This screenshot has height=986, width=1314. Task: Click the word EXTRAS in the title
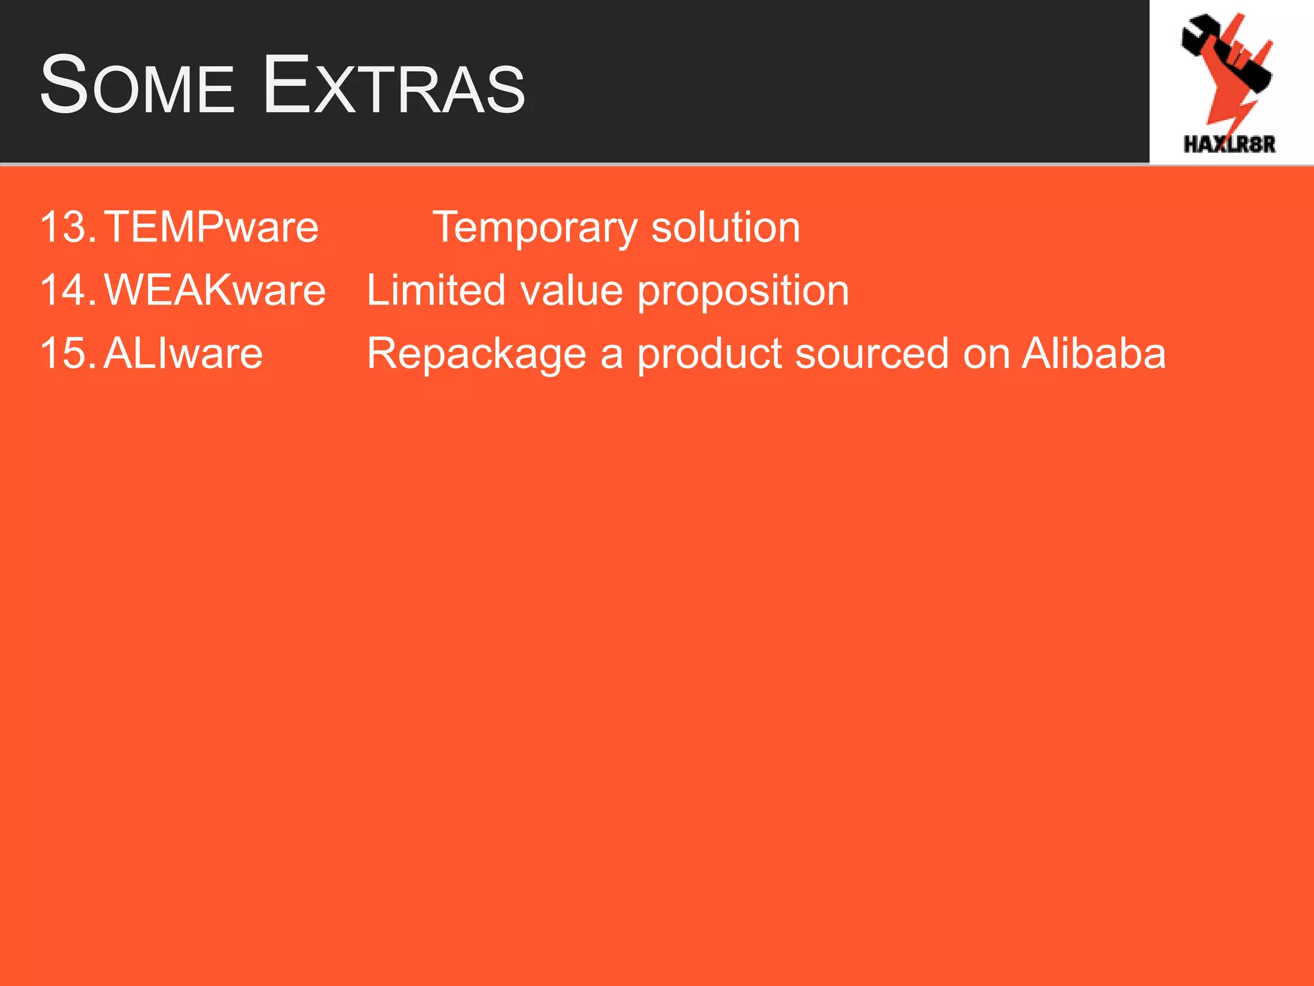point(394,85)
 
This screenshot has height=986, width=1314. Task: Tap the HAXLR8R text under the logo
point(1229,144)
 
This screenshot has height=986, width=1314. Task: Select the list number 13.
point(67,227)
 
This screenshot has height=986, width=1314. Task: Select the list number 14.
point(67,290)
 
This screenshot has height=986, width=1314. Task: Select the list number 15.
point(67,353)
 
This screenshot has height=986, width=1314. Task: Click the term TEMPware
point(211,227)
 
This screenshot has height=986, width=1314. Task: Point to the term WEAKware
point(215,290)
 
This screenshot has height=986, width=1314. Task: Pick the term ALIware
point(183,353)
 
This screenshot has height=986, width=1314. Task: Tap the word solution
point(726,227)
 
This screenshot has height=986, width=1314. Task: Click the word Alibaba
point(1093,353)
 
